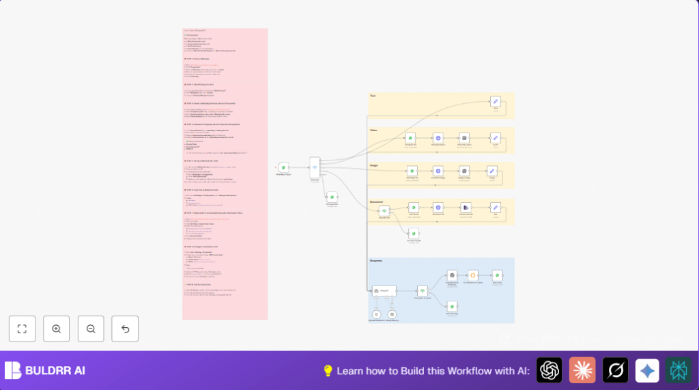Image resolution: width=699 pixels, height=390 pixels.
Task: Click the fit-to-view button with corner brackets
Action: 22,329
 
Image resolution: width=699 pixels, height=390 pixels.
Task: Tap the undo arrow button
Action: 125,329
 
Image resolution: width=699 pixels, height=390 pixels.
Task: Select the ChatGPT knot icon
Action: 549,370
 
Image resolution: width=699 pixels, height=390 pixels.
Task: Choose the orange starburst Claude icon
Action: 582,370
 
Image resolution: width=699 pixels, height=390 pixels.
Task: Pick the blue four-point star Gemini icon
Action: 647,370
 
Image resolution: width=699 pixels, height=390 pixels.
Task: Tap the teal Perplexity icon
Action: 679,370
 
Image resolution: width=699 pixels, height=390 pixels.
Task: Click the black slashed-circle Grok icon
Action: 615,370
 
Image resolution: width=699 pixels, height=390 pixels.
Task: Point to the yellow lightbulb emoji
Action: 328,371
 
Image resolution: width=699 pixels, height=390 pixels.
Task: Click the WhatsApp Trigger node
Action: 283,167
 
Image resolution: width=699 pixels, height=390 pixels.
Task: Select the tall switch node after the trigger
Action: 315,167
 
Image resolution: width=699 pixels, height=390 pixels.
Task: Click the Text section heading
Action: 373,96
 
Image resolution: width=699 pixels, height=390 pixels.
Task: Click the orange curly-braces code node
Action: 473,275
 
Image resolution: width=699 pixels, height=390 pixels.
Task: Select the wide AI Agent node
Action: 384,291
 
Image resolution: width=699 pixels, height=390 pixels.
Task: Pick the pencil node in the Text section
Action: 496,102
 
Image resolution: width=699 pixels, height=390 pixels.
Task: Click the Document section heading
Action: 377,201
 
